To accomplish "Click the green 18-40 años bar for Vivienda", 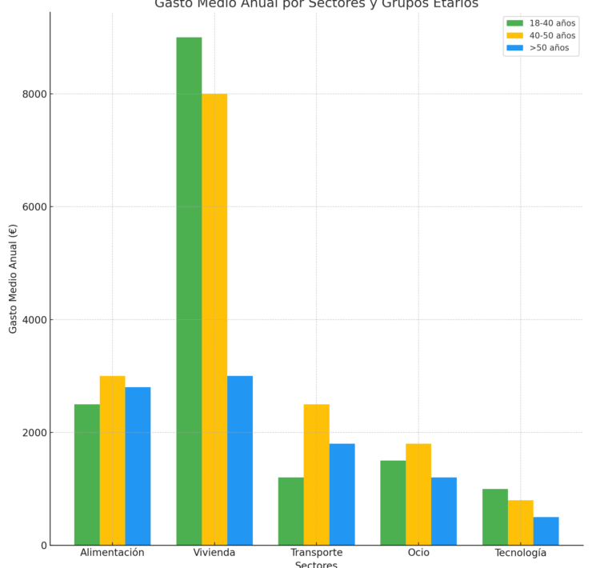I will (x=189, y=291).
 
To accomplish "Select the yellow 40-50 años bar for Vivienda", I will (x=214, y=319).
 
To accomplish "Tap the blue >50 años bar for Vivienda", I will (x=240, y=460).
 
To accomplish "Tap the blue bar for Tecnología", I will (x=546, y=531).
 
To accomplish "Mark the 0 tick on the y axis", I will (x=43, y=546).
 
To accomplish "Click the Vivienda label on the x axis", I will (x=214, y=553).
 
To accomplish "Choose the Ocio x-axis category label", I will (x=418, y=553).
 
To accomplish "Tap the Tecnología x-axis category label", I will (x=520, y=553).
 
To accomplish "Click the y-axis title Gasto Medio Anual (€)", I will (x=14, y=278).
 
